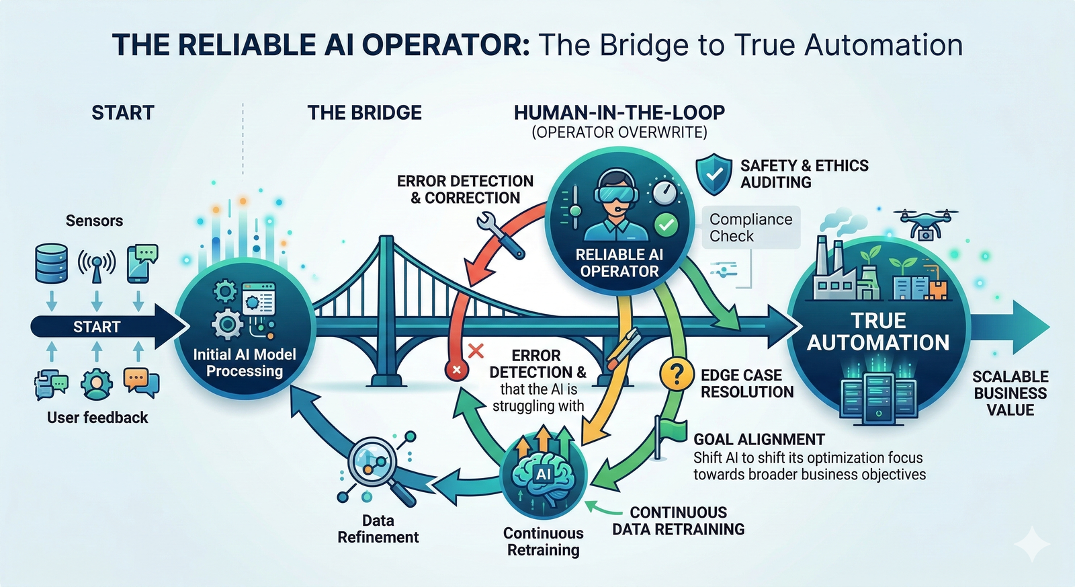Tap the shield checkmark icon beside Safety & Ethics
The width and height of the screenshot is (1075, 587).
point(714,173)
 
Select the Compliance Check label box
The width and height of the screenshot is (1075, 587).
point(750,228)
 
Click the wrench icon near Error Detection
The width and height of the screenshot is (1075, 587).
point(501,235)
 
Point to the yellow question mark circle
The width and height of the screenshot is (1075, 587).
point(677,374)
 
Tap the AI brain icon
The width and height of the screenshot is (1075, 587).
point(544,475)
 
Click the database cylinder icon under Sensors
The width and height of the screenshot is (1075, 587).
point(51,263)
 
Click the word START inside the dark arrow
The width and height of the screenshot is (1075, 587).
point(97,327)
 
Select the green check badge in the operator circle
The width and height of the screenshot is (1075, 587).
point(666,225)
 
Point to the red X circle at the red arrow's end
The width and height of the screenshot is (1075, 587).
point(457,369)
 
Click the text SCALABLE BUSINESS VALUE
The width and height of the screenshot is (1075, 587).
point(1010,393)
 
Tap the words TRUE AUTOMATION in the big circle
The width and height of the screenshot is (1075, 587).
point(877,331)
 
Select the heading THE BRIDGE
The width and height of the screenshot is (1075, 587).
point(364,112)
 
